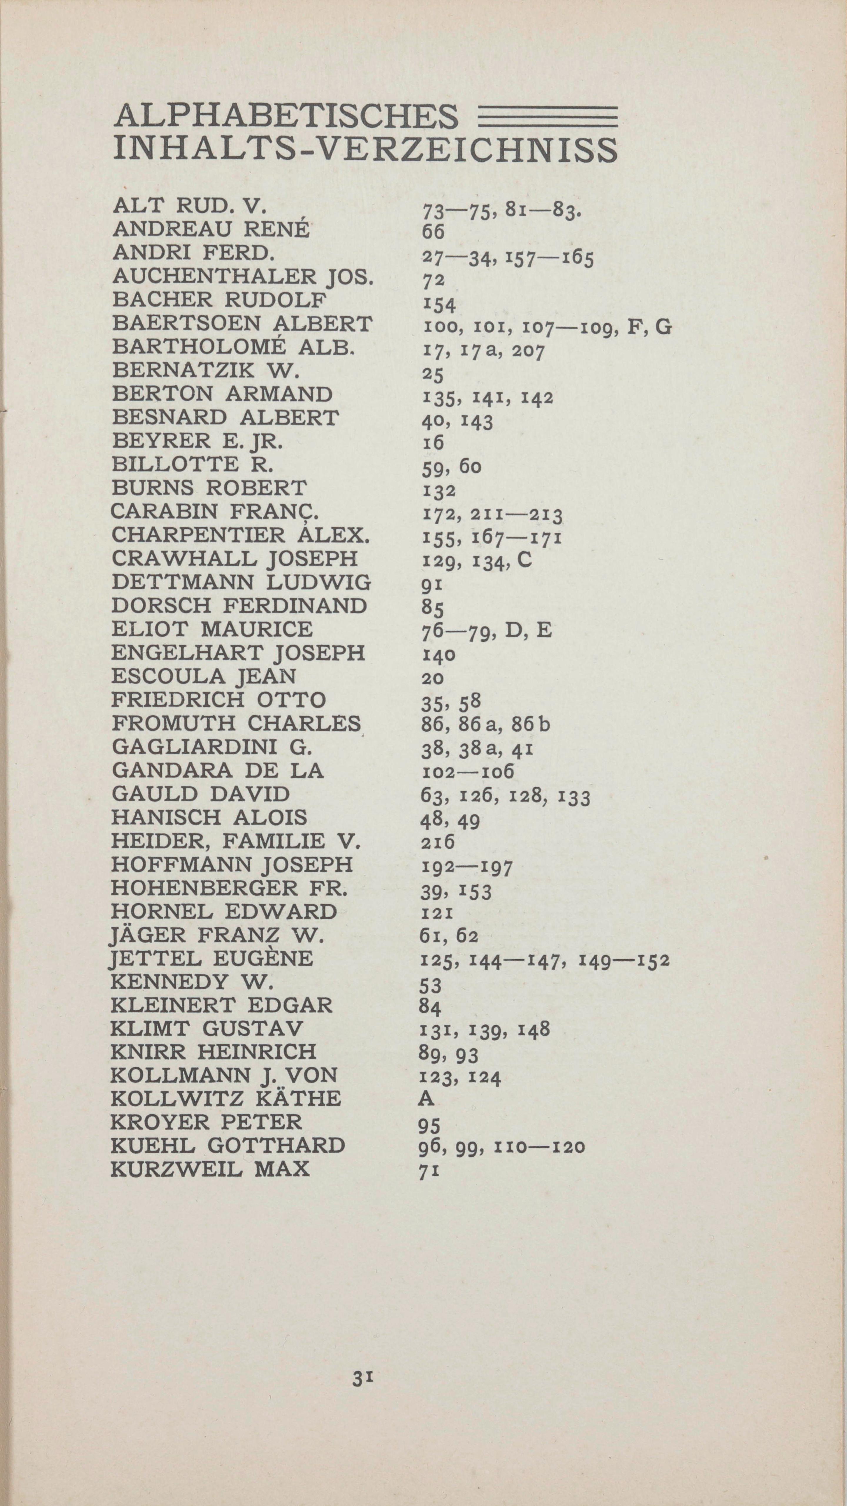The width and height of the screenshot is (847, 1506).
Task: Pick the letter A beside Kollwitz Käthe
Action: (x=426, y=1100)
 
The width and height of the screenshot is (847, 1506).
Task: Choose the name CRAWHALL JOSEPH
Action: (x=234, y=558)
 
